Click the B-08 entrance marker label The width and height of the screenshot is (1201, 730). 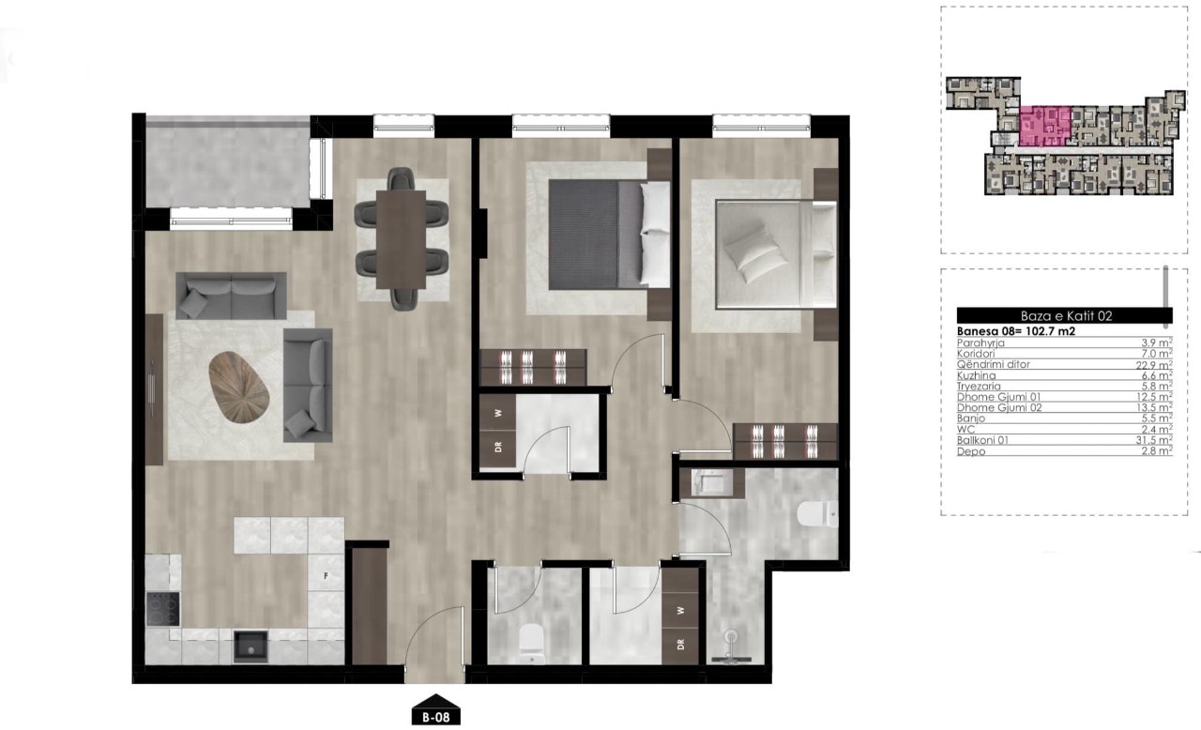click(435, 717)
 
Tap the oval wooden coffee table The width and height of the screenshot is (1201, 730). click(238, 387)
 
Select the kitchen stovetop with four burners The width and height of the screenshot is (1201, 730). click(163, 609)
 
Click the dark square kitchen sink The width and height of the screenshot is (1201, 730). click(251, 646)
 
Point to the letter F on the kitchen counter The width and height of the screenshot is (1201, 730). click(326, 576)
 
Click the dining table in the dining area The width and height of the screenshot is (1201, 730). click(401, 239)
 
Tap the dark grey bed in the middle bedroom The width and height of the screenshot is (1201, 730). click(609, 235)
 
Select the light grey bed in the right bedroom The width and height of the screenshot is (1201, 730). click(776, 254)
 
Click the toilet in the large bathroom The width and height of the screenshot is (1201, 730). click(817, 514)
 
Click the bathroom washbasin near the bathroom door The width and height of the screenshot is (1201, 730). click(711, 482)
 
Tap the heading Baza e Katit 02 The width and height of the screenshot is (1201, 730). click(1066, 315)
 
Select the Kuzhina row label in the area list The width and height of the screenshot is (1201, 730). click(977, 375)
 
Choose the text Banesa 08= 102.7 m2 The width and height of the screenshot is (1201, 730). click(1016, 331)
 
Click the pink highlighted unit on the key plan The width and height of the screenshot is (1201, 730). click(1044, 126)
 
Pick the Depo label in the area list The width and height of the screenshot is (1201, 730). click(971, 452)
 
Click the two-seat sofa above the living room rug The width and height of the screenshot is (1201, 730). click(231, 296)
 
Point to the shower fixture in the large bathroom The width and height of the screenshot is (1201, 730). click(731, 646)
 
